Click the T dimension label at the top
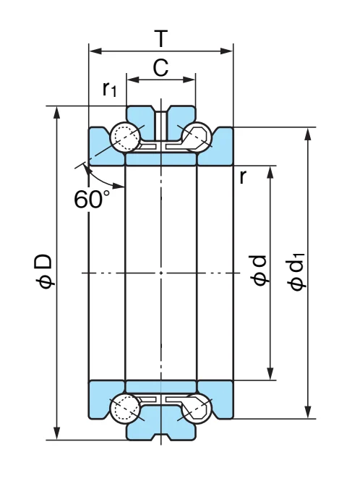(161, 38)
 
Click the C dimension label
(160, 67)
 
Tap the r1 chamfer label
(110, 89)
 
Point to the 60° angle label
(92, 199)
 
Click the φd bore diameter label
(259, 271)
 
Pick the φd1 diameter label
(296, 271)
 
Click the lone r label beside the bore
(242, 177)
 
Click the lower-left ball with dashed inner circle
(125, 408)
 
